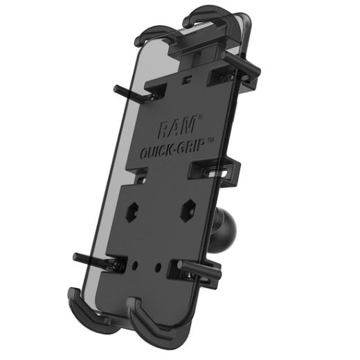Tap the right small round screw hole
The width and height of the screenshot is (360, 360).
pos(165,266)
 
